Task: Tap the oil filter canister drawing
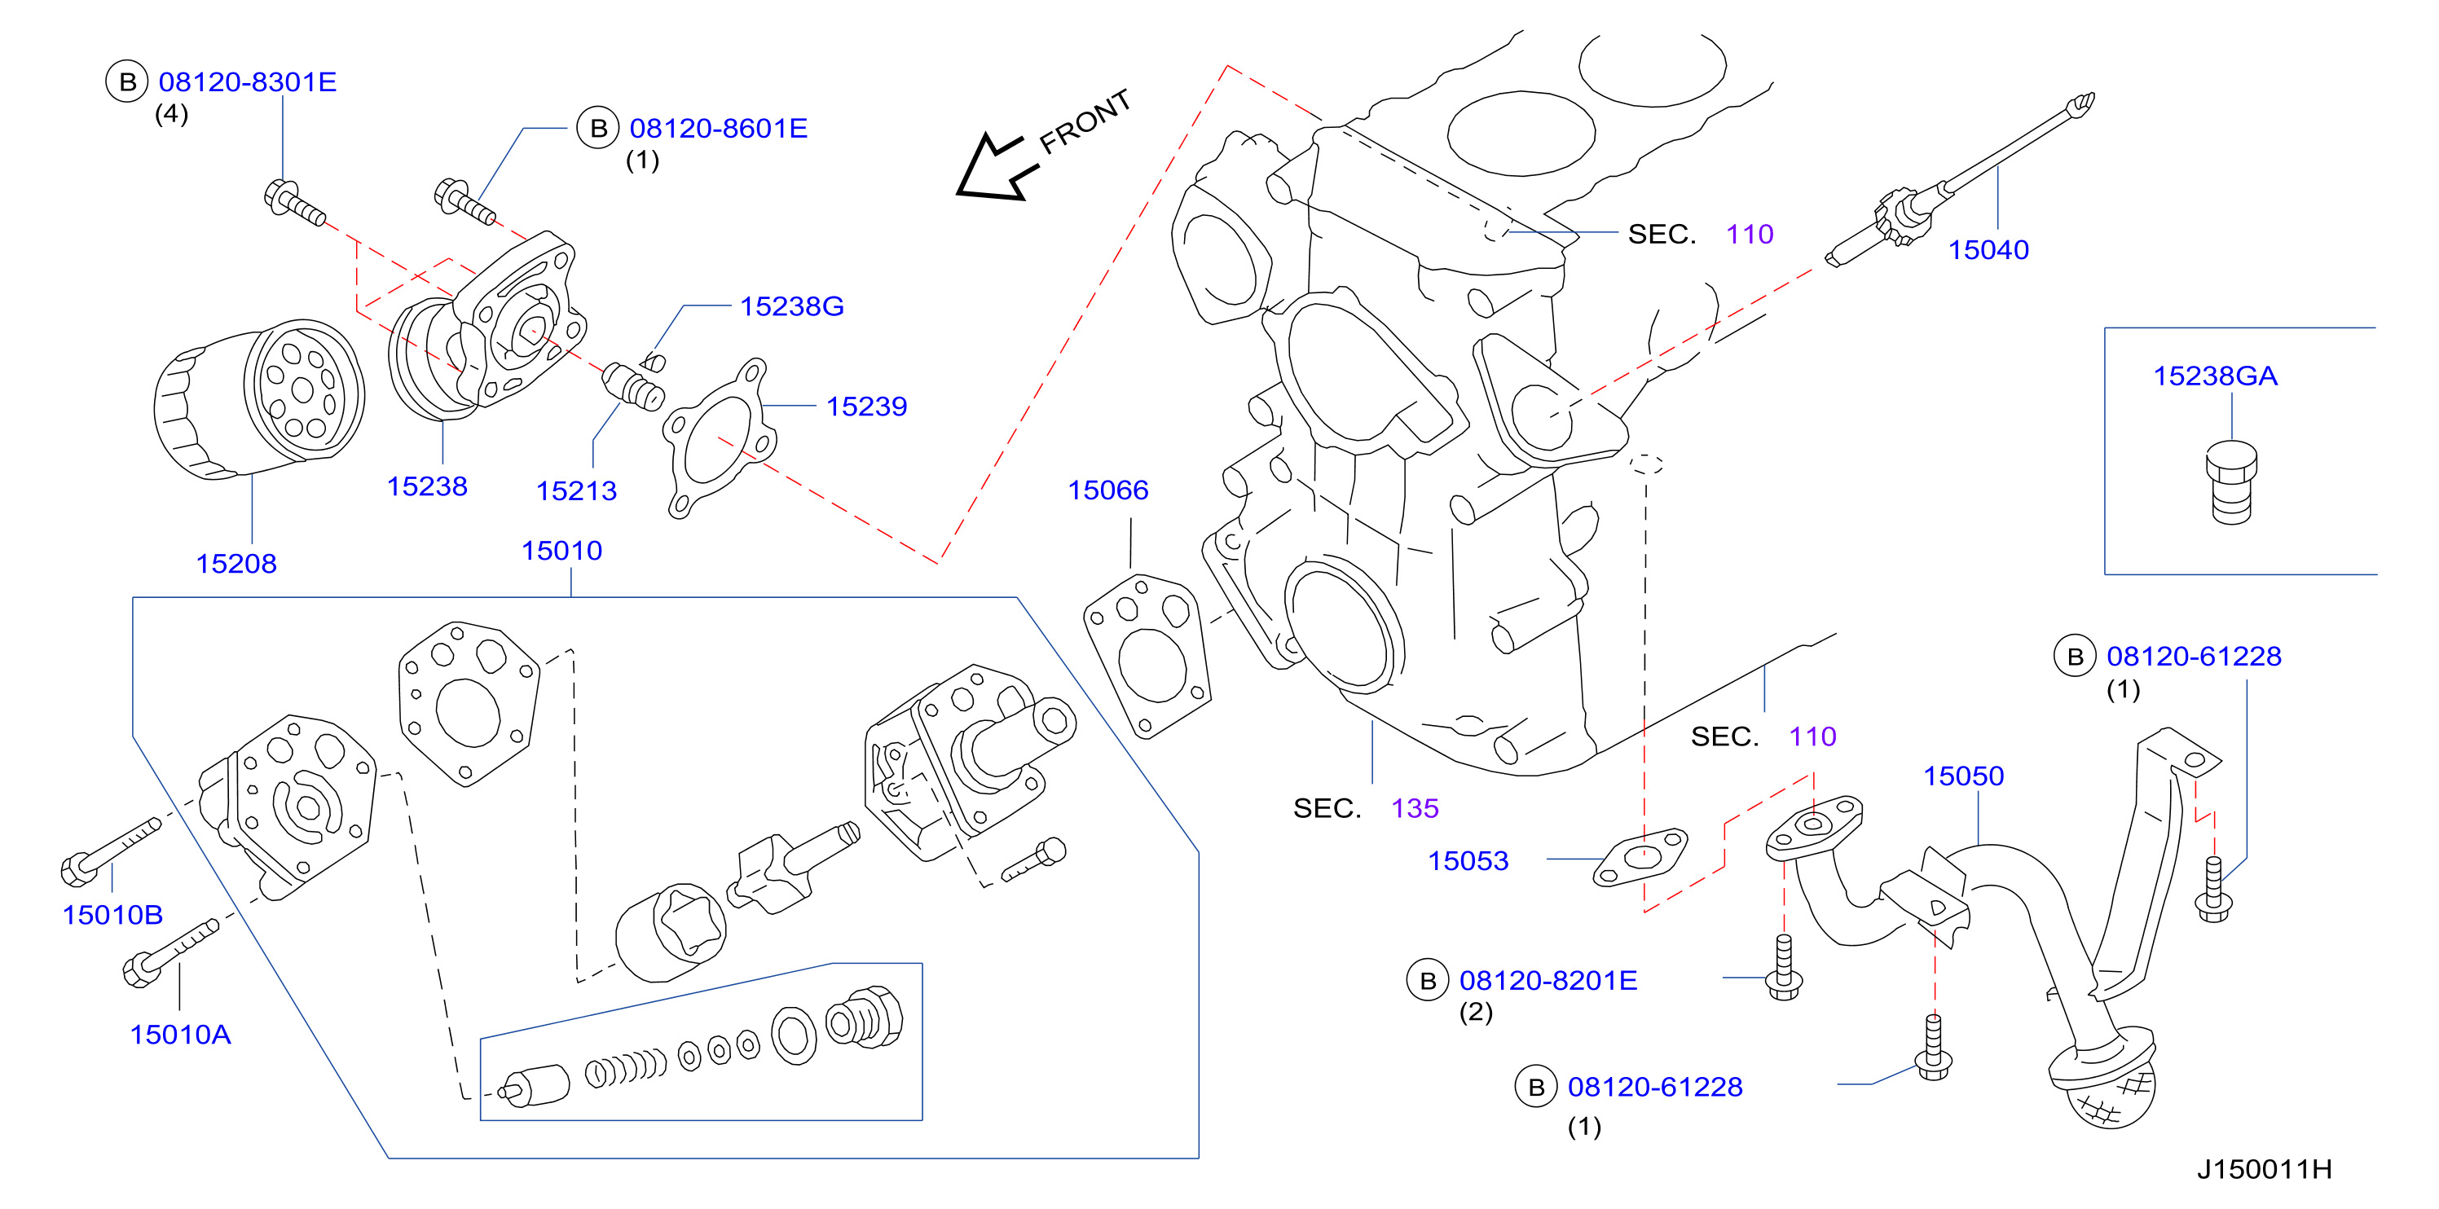(259, 398)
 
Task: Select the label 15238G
(791, 306)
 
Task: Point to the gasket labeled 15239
(720, 437)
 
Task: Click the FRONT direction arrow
(996, 169)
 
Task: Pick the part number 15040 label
(1988, 250)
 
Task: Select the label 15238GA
(2215, 376)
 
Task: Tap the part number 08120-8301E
(247, 81)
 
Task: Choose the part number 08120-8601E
(718, 128)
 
